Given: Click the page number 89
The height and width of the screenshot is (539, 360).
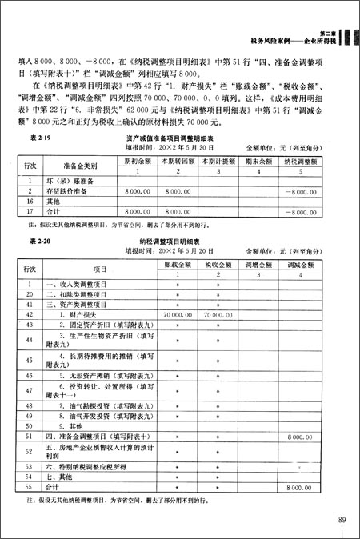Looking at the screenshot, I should pos(342,521).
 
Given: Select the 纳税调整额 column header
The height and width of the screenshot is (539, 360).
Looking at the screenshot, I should pos(308,161).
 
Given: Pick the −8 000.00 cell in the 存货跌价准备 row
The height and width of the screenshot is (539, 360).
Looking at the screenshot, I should pos(307,192).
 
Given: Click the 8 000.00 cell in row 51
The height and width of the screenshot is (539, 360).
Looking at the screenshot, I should pos(298,437).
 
